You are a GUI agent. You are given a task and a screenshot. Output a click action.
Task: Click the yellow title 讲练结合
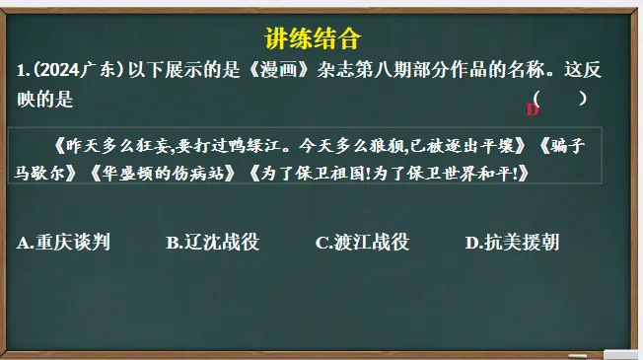click(x=314, y=39)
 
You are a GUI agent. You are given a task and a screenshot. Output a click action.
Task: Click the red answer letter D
click(x=533, y=109)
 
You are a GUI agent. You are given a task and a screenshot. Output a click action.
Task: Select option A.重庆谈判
click(x=64, y=242)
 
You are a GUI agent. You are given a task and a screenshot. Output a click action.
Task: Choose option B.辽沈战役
click(x=212, y=242)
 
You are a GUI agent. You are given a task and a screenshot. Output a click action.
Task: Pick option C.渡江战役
click(x=362, y=242)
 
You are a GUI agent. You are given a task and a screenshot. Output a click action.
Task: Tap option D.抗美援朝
click(x=512, y=242)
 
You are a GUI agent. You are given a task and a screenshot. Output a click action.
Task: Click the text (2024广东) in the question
click(x=74, y=70)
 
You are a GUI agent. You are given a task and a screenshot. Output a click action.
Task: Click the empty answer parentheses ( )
click(x=560, y=98)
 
